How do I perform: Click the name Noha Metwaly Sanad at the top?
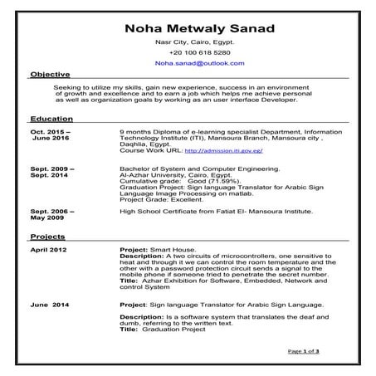coord(187,28)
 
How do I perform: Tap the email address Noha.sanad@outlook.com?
coord(188,62)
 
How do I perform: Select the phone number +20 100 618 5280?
coord(188,51)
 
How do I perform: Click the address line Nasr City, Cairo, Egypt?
coord(188,41)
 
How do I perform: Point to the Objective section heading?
coord(50,75)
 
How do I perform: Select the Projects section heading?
coord(47,237)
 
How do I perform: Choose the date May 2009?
coord(47,218)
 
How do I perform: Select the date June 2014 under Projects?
coord(48,305)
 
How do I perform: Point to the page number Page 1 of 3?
coord(303,352)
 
